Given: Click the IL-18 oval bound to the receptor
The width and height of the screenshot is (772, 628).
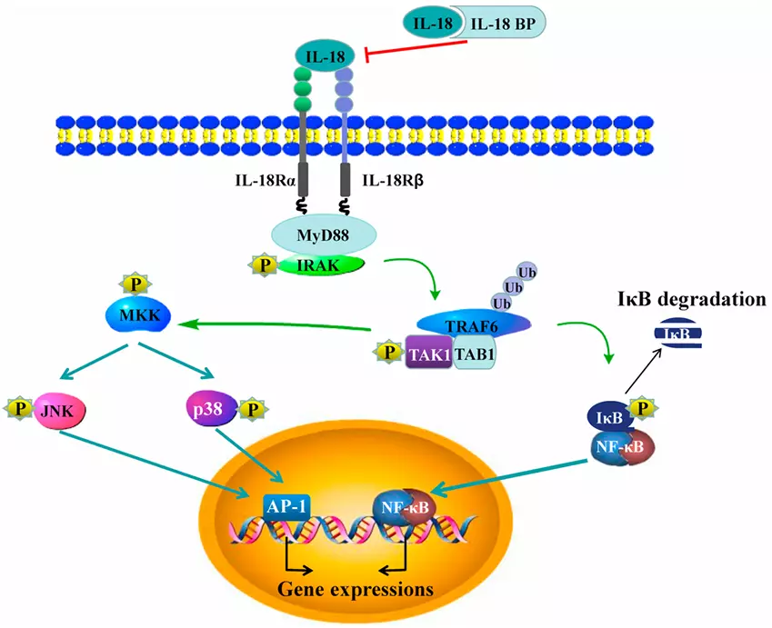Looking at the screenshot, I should tap(326, 57).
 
